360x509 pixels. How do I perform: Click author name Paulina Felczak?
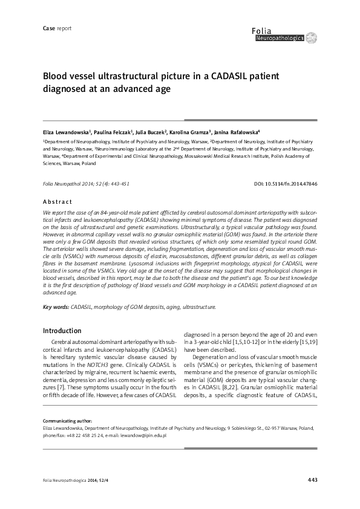pos(114,131)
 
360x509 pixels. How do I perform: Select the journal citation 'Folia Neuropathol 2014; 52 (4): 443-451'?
pos(85,183)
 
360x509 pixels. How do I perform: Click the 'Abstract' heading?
pos(57,201)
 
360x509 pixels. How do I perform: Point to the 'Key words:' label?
pos(56,307)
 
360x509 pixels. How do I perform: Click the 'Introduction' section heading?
pos(62,331)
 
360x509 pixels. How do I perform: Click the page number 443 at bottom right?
pos(312,480)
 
